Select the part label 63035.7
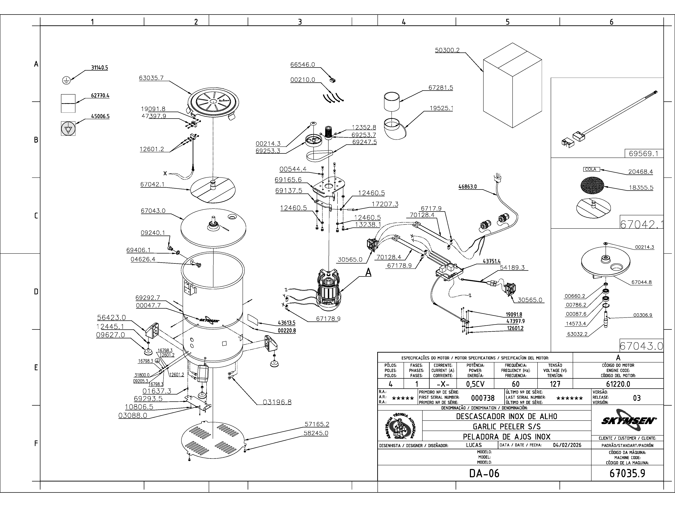click(x=151, y=78)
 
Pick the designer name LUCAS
click(x=474, y=445)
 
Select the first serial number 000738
click(x=483, y=398)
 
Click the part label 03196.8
click(x=277, y=402)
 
